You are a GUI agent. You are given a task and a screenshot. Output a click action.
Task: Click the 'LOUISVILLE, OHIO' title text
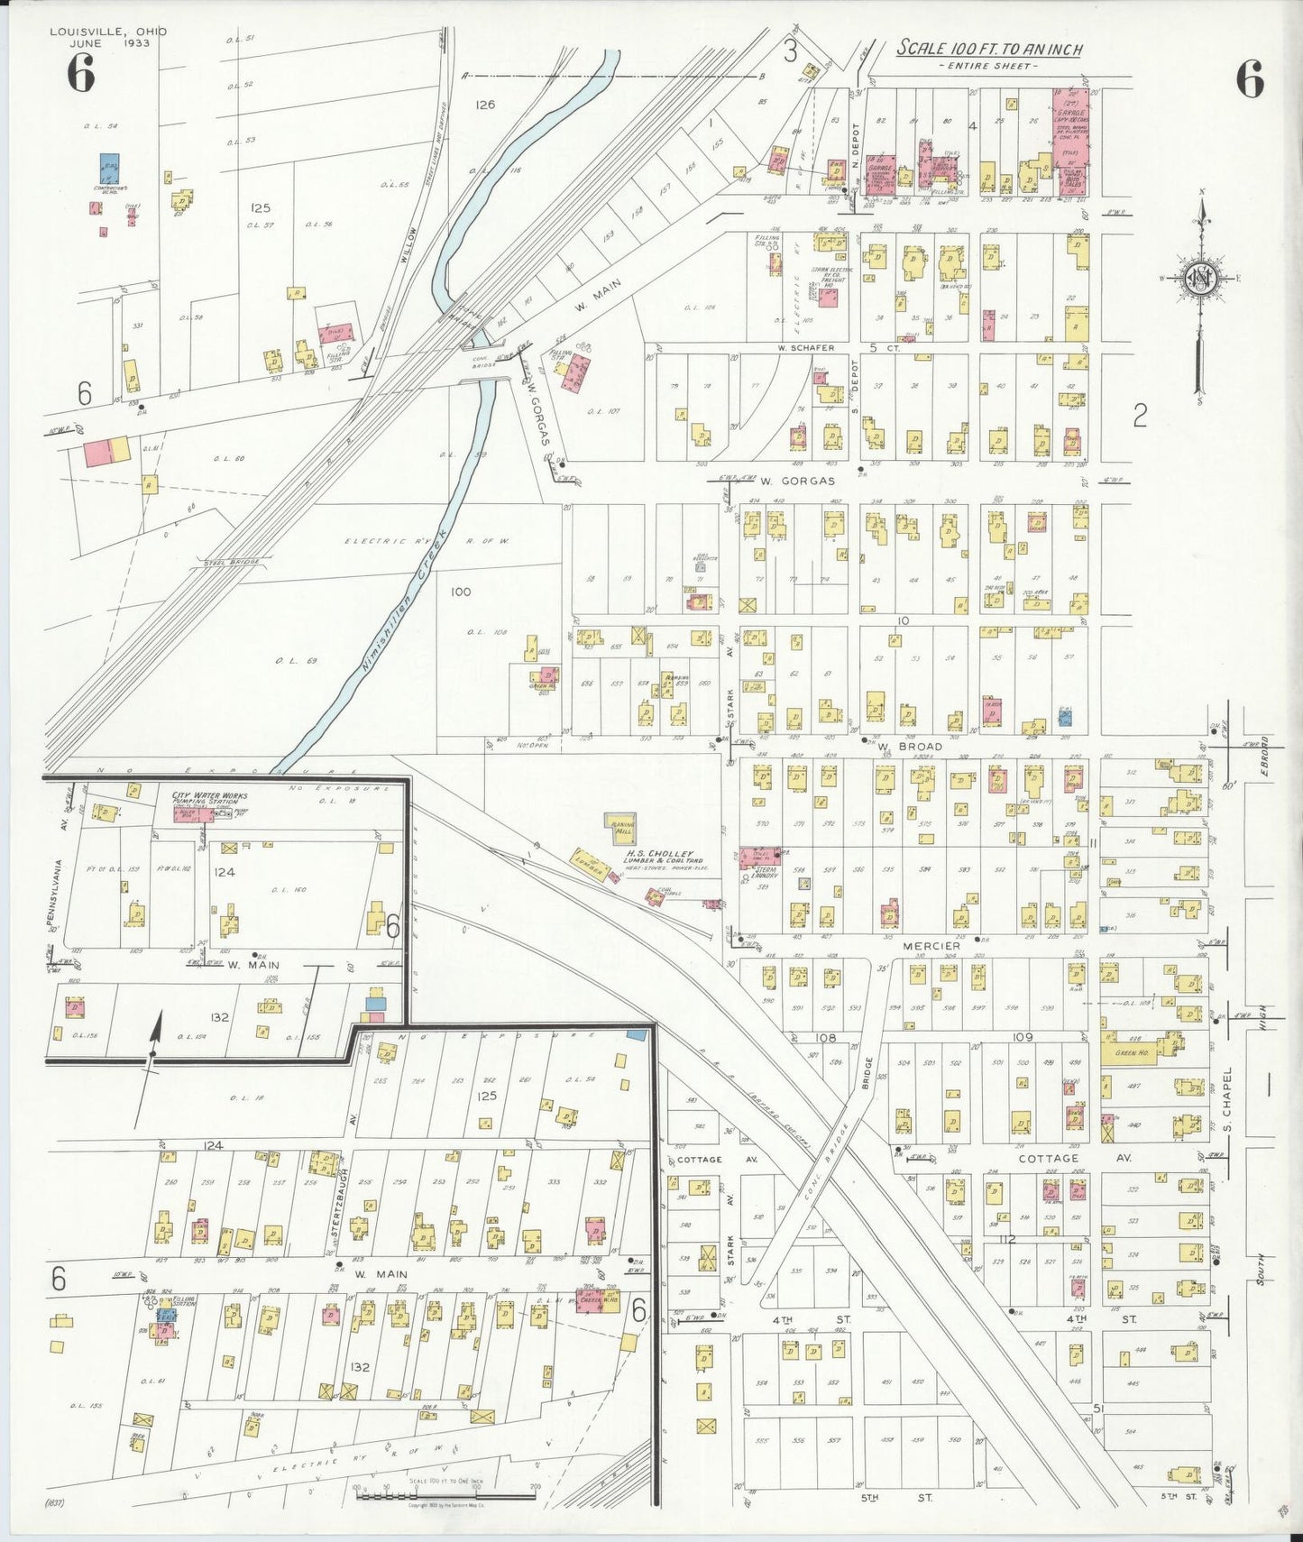point(108,32)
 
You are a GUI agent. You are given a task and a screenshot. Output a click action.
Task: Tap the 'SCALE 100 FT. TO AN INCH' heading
point(989,50)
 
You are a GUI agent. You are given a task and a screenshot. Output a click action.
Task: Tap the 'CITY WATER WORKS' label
point(209,795)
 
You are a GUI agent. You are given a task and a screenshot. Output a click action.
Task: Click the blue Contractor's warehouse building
point(109,168)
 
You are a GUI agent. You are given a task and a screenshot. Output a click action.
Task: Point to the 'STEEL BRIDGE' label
point(232,562)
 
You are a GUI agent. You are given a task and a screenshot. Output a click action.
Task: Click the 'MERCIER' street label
point(931,945)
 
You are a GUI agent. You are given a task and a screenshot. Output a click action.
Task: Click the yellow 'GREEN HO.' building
point(1131,1051)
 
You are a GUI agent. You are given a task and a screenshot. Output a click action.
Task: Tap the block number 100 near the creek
point(460,592)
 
